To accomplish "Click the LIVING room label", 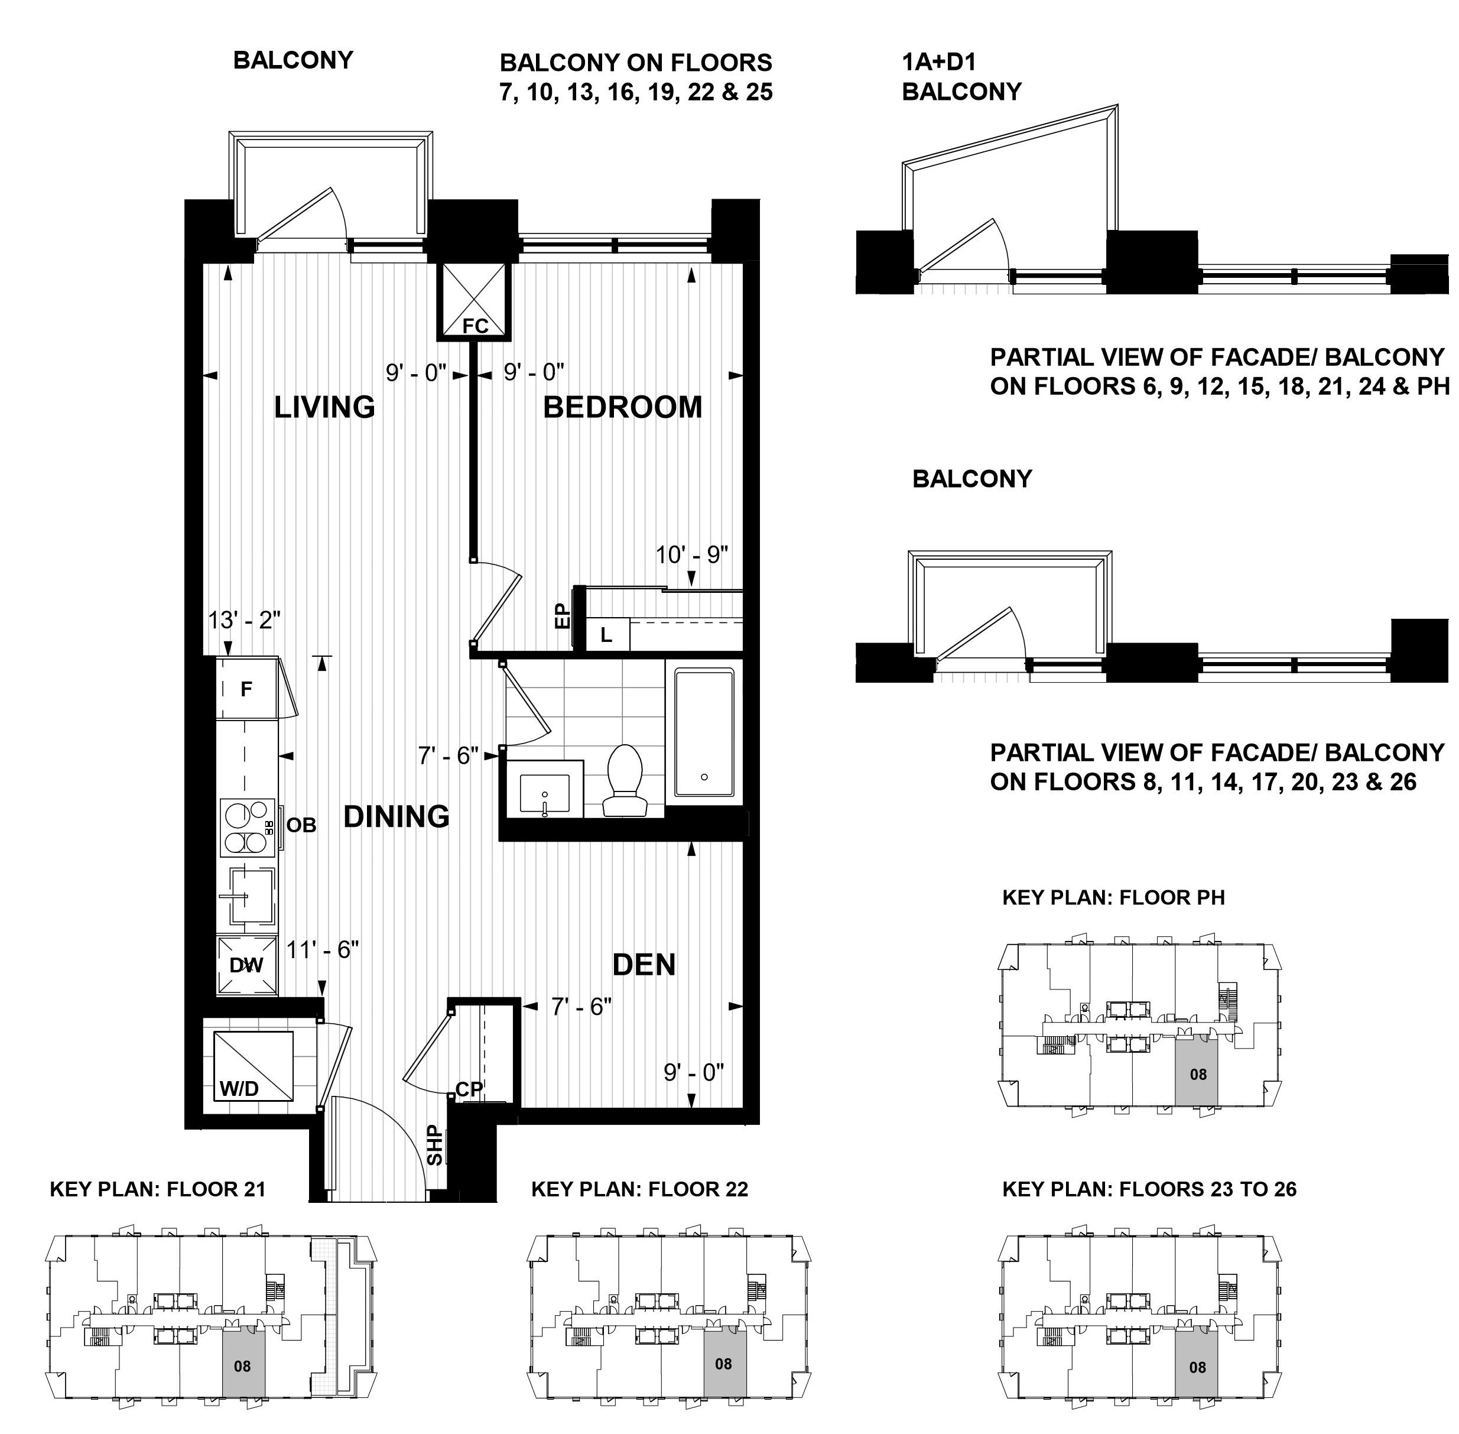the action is tap(324, 407).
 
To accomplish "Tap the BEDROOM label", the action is tap(623, 407).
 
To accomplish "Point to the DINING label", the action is tap(397, 816).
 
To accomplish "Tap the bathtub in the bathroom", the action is tap(704, 732).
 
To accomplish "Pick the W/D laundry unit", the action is tap(253, 1066).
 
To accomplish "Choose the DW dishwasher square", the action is tap(247, 965).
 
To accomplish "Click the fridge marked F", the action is tap(247, 689).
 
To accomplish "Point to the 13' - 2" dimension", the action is tap(245, 620).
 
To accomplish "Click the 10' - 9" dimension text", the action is tap(692, 555).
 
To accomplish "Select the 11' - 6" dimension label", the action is tap(323, 950).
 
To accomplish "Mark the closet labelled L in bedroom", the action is tap(606, 635).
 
